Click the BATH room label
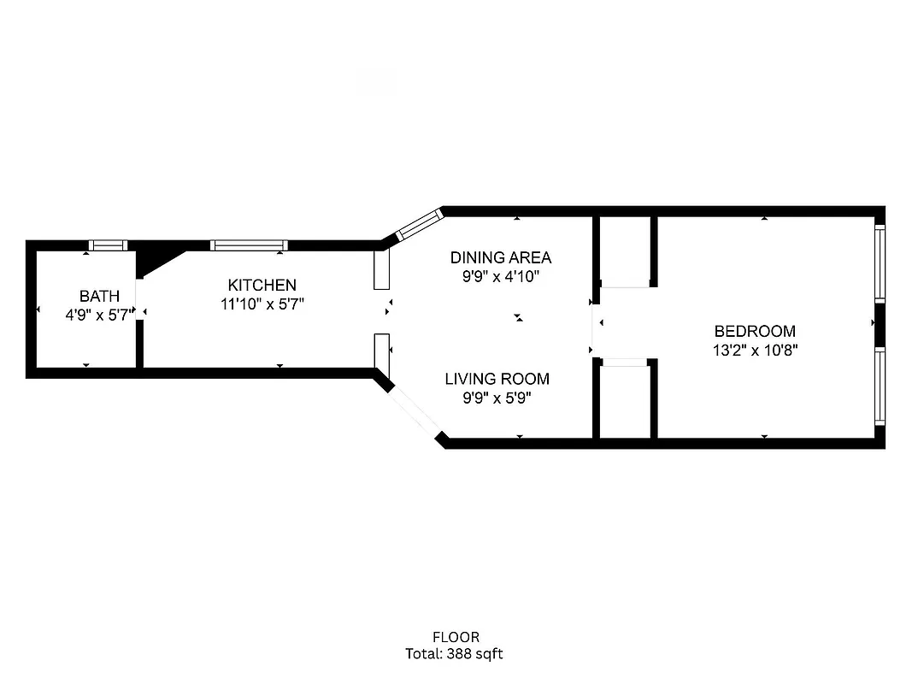coord(99,296)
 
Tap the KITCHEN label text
coord(262,285)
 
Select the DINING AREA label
coord(501,257)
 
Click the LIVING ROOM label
coord(497,379)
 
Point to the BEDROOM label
coord(755,331)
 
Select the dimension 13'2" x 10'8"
coord(756,350)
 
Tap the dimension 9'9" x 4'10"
coord(501,276)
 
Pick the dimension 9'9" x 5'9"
coord(497,398)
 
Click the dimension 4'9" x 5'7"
coord(99,315)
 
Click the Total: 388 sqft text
coord(455,654)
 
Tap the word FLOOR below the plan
coord(456,637)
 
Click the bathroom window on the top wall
coord(109,245)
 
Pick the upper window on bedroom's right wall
coord(880,262)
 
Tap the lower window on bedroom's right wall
coord(880,386)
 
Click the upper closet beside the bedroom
coord(625,251)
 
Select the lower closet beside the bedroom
coord(625,400)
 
